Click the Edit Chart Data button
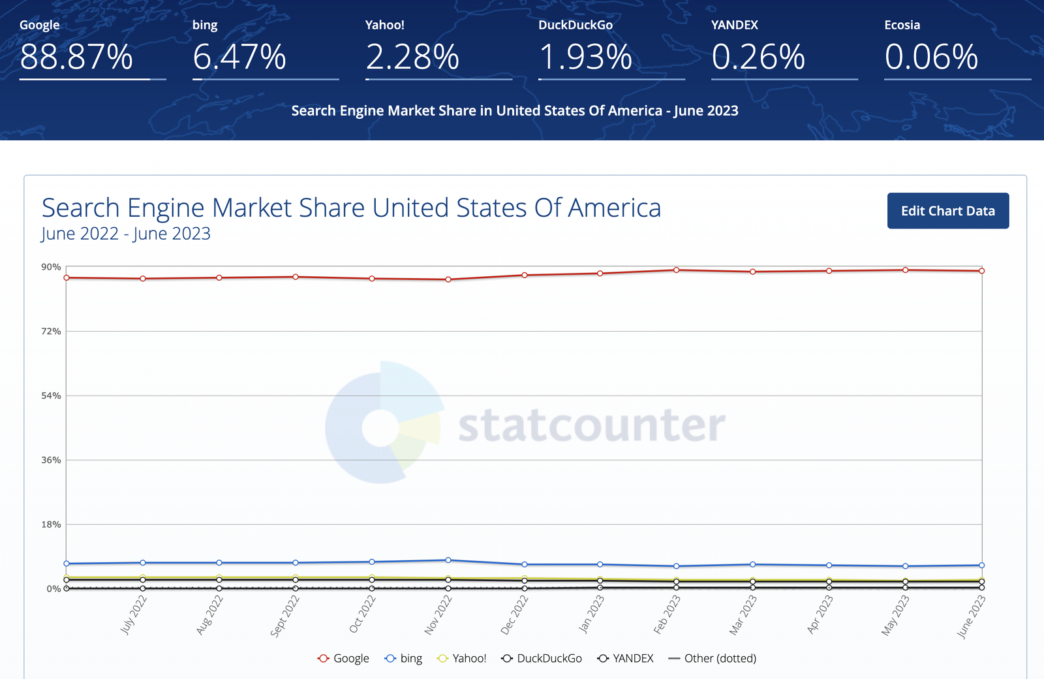pos(948,211)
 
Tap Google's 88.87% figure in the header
pos(76,57)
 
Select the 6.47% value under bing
pos(239,57)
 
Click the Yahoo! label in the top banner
pos(384,25)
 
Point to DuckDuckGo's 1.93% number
pos(585,57)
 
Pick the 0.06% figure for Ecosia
pos(931,57)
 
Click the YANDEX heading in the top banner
pos(735,25)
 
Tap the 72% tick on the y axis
pos(52,331)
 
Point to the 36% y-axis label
pos(52,460)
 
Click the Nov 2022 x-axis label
pos(438,614)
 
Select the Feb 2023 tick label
pos(667,614)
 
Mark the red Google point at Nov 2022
pos(448,279)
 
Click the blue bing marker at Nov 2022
pos(448,560)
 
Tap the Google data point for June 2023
pos(981,270)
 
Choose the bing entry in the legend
pos(403,658)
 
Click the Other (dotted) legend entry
pos(712,658)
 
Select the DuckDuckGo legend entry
pos(542,658)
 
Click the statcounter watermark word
pos(592,424)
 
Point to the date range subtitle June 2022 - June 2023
pos(126,233)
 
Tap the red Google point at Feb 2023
pos(676,270)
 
